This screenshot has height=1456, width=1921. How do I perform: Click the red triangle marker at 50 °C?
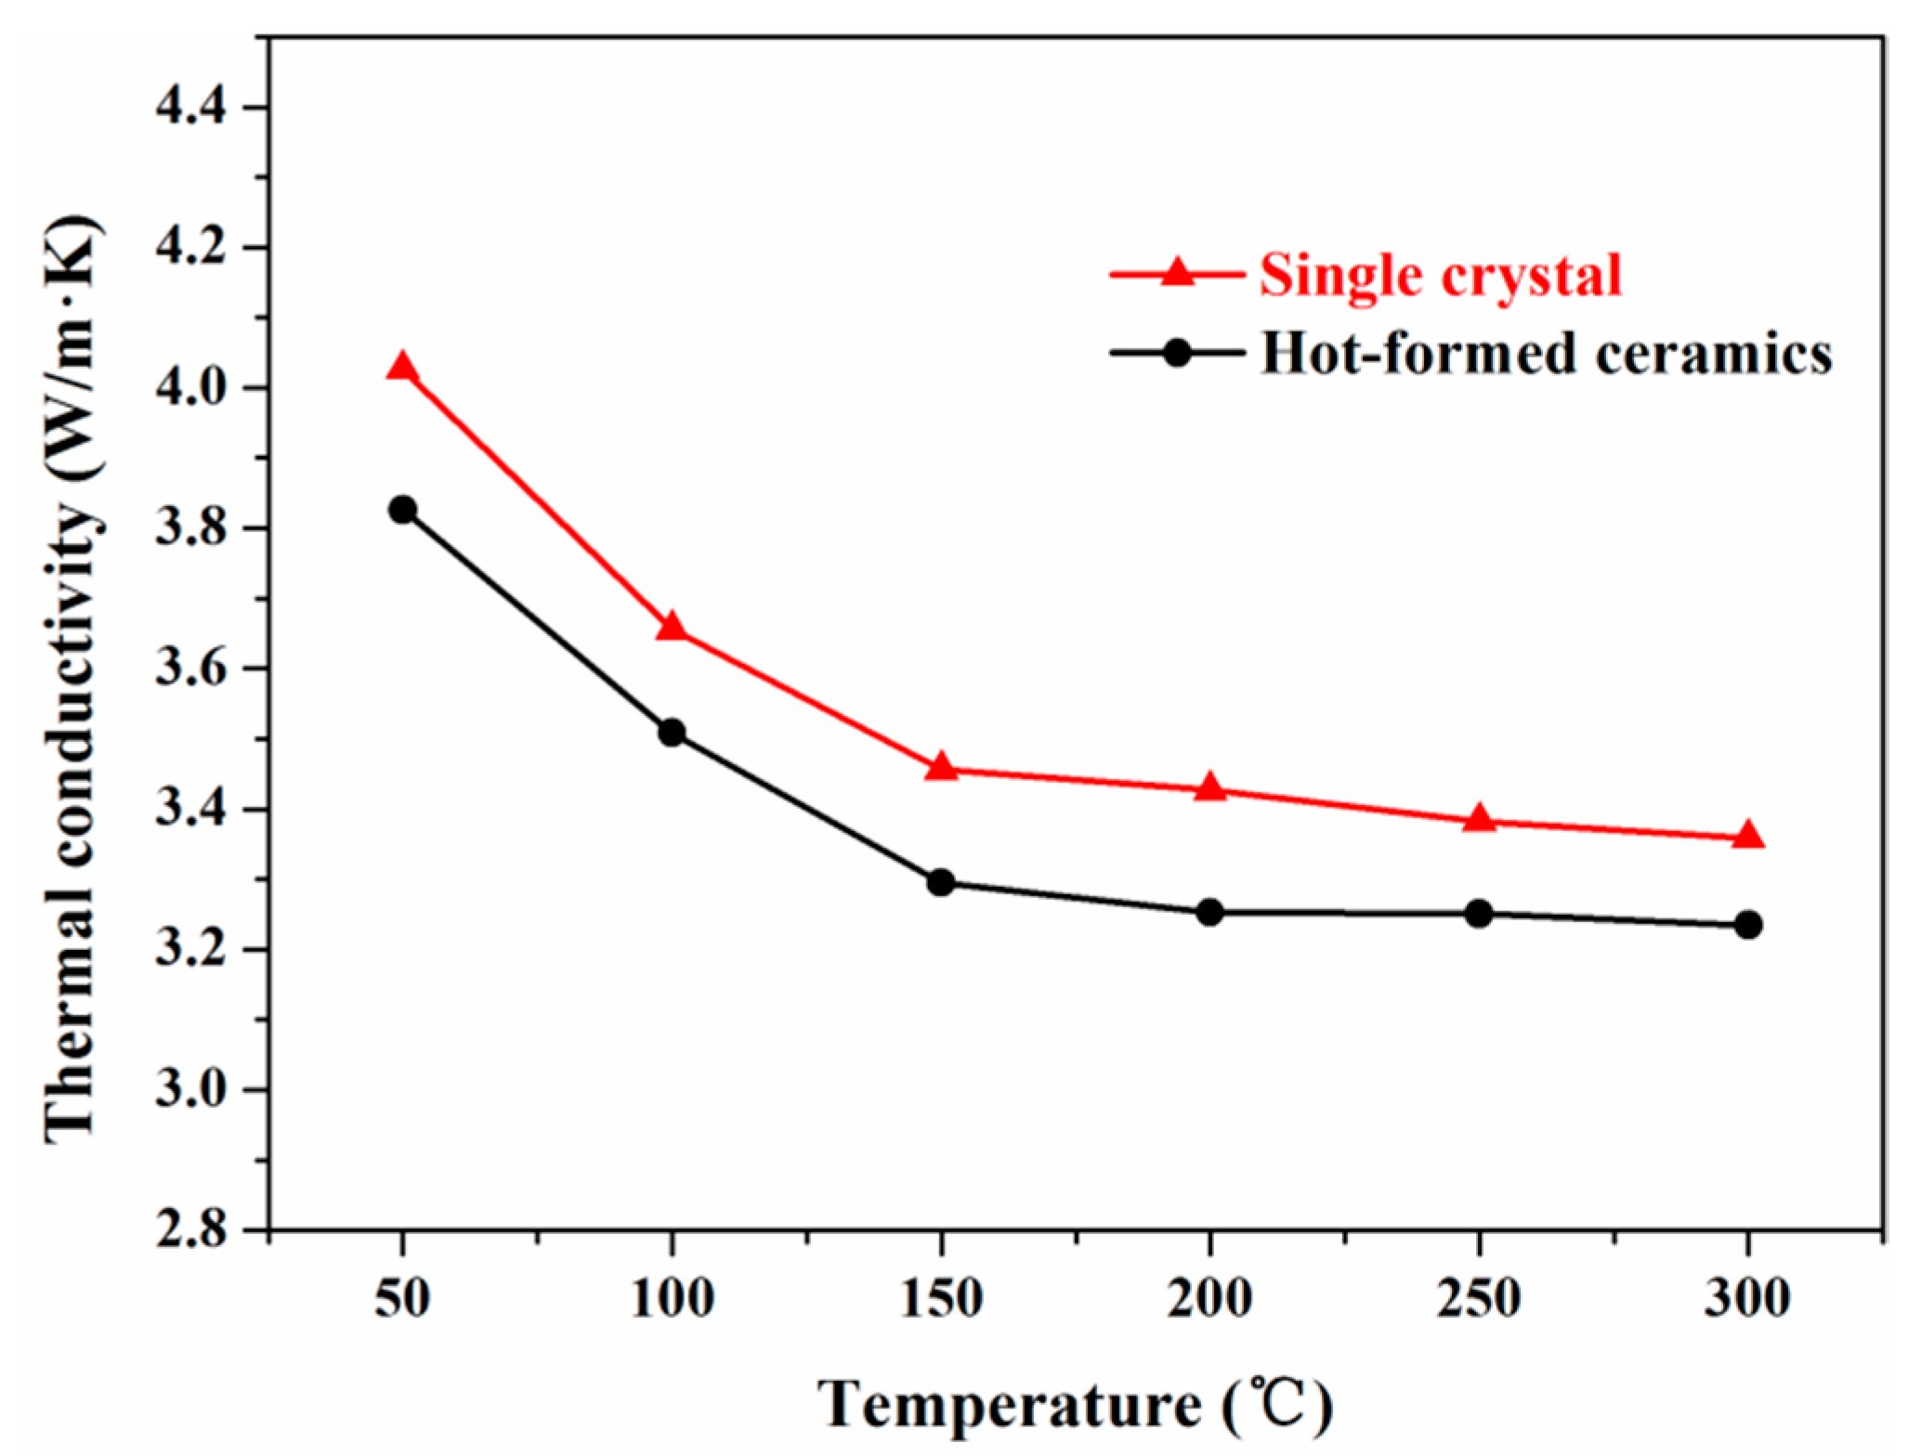coord(402,368)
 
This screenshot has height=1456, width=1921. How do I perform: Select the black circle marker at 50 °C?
coord(402,510)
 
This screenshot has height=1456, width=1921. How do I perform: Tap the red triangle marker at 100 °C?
coord(672,628)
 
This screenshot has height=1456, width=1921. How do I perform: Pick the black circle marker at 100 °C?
coord(672,733)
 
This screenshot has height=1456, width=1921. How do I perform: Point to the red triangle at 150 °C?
coord(941,767)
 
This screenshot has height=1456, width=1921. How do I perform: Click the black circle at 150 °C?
coord(941,882)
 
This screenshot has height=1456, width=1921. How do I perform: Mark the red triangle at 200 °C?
coord(1209,788)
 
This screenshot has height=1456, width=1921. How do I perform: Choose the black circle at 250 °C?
coord(1479,914)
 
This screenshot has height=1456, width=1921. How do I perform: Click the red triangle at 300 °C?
coord(1748,836)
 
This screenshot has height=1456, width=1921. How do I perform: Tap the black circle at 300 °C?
coord(1748,925)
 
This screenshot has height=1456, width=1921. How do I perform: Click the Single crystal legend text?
coord(1440,276)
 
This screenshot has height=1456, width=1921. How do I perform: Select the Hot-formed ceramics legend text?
coord(1546,354)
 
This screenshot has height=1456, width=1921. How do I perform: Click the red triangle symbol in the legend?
coord(1177,272)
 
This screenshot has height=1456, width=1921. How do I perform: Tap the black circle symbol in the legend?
coord(1177,353)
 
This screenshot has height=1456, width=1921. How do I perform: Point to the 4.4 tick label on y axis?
coord(191,109)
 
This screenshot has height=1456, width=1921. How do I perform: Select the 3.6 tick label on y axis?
coord(191,669)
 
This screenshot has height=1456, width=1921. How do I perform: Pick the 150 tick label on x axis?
coord(941,1298)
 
